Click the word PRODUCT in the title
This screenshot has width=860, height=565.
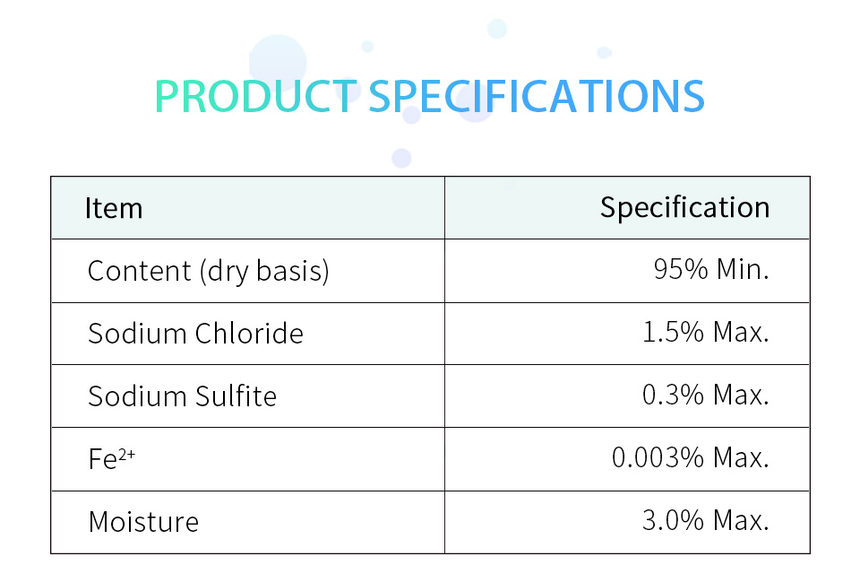(x=255, y=97)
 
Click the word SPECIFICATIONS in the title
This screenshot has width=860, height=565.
(x=537, y=97)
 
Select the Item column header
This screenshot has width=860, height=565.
(x=114, y=209)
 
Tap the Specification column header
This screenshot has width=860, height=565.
(x=684, y=209)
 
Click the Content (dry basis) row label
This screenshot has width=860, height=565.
(x=209, y=271)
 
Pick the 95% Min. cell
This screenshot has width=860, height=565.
(x=711, y=270)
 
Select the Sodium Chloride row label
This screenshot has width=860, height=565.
(x=196, y=334)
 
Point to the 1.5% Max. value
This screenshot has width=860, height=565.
(x=706, y=332)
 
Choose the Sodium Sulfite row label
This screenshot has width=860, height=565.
(x=183, y=395)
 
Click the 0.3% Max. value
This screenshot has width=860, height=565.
(x=706, y=395)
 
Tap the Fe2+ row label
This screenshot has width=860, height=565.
(x=111, y=458)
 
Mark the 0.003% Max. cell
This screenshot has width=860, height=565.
(x=691, y=457)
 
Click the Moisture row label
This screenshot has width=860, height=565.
(x=143, y=522)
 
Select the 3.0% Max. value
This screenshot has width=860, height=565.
(x=706, y=520)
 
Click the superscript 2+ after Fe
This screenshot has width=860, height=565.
(x=126, y=454)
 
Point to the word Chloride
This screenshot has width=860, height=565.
(x=249, y=334)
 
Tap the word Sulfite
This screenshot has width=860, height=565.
(x=236, y=395)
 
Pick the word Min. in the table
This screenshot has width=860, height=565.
(x=743, y=270)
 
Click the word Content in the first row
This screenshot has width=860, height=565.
(x=140, y=271)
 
